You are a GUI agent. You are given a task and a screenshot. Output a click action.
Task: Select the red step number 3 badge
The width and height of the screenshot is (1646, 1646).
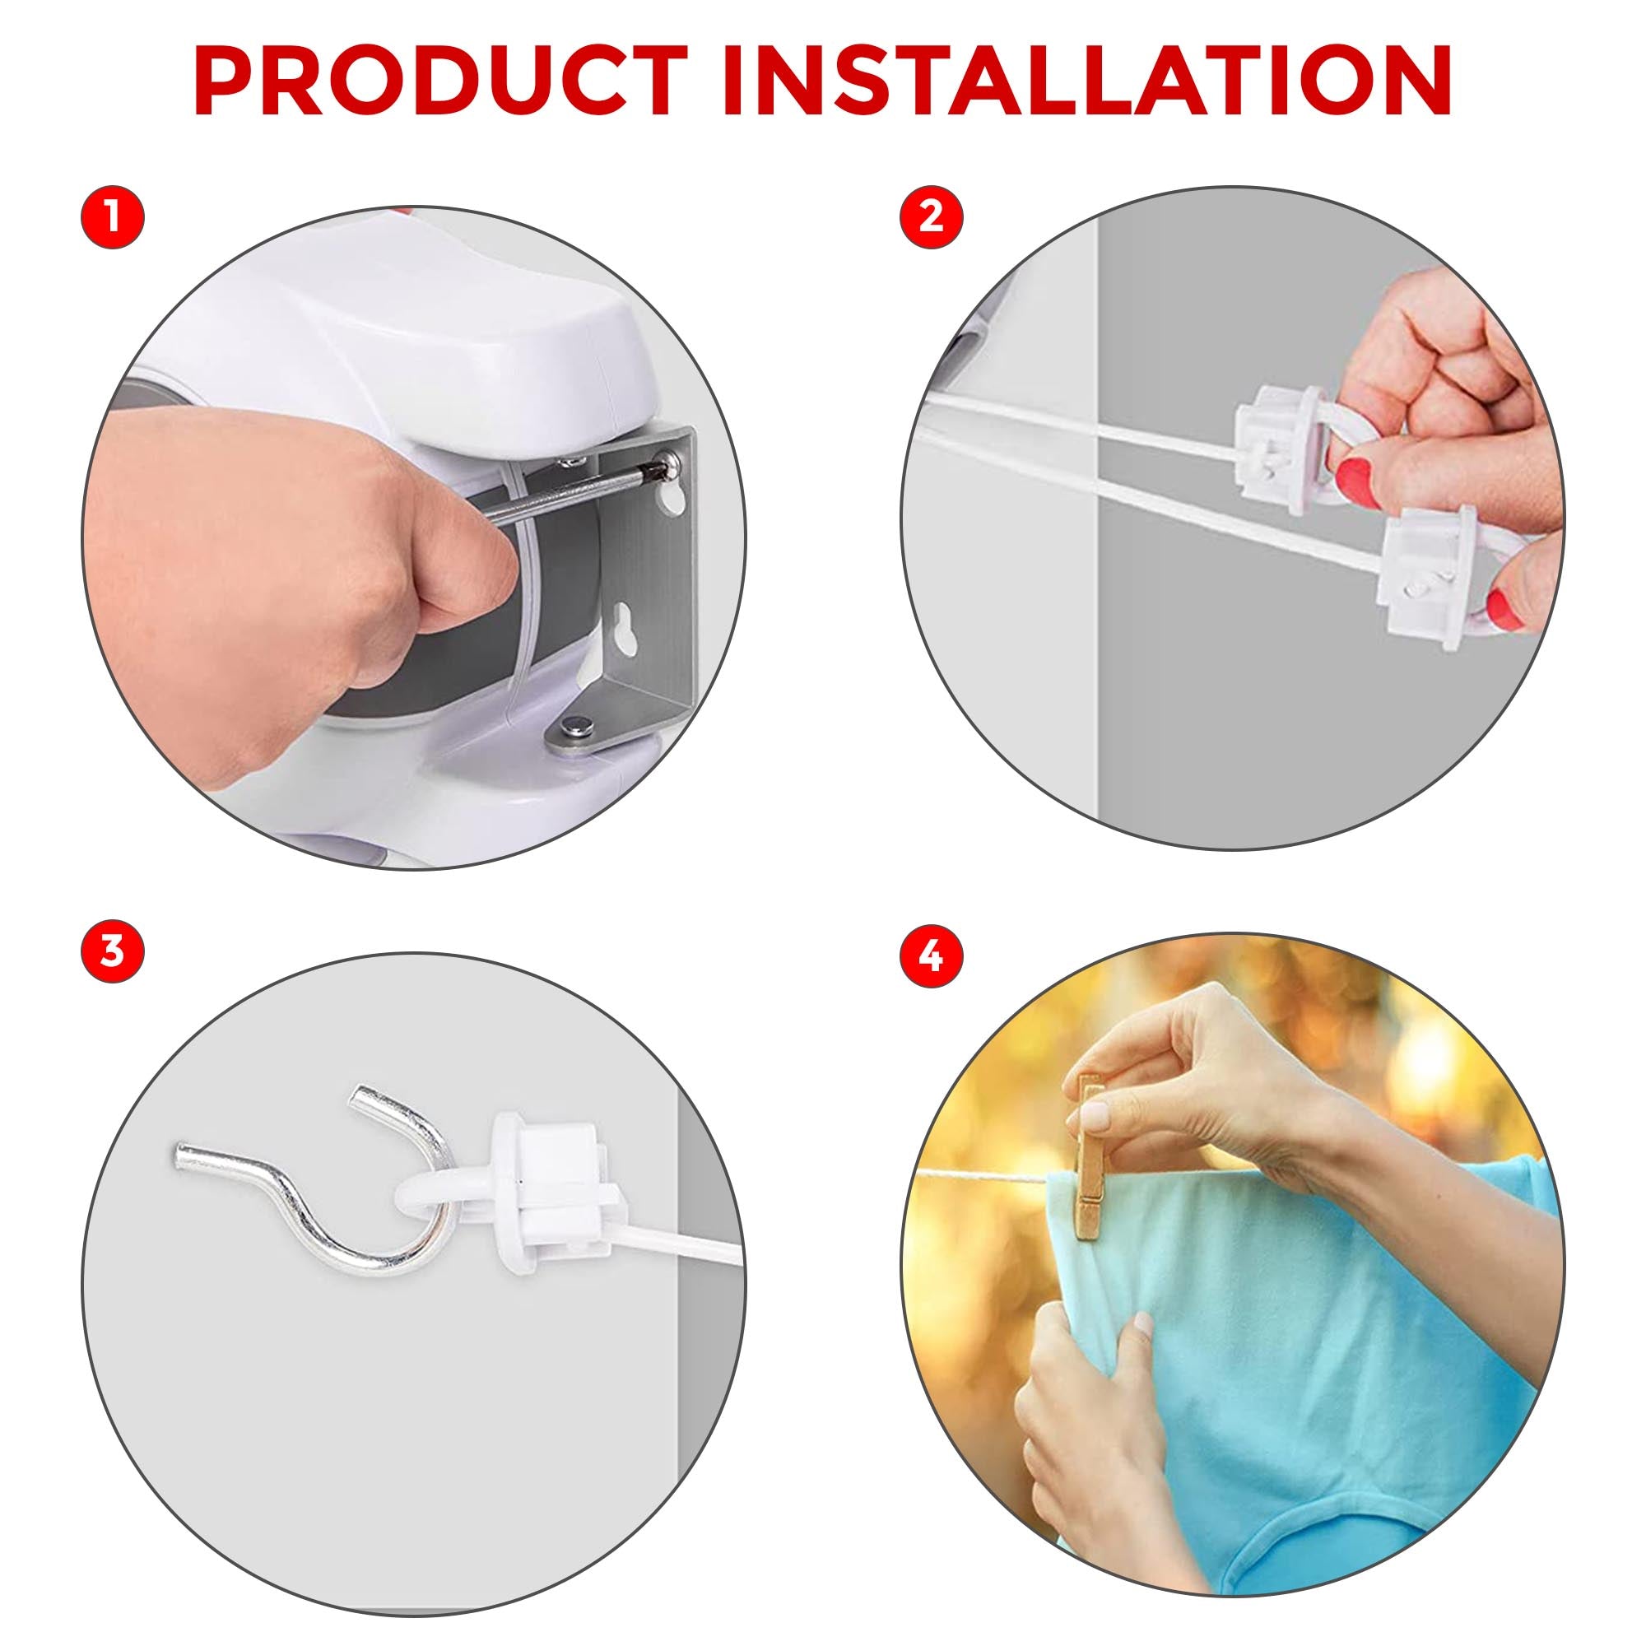coord(113,951)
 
